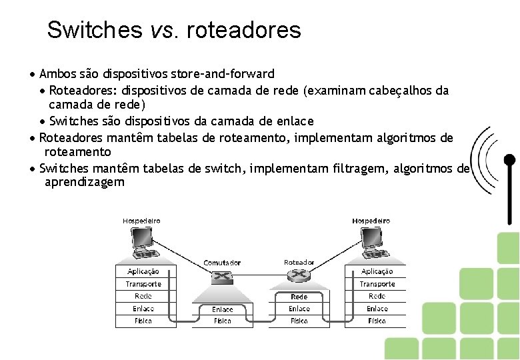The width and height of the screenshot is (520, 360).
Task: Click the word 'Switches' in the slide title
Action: [x=95, y=30]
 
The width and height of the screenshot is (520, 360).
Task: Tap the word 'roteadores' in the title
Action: [x=244, y=30]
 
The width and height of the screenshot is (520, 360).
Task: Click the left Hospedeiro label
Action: [x=141, y=221]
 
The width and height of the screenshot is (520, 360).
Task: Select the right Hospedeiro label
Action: [x=371, y=221]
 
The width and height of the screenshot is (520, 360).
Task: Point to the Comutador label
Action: [x=222, y=263]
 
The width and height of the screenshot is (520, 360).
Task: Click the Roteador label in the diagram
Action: [x=299, y=263]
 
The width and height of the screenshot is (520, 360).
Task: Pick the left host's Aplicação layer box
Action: [x=143, y=272]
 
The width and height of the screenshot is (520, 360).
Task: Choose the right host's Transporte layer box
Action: [x=377, y=284]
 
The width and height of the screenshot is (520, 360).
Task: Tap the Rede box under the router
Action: [x=299, y=297]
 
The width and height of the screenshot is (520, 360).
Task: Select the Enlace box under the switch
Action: [x=223, y=309]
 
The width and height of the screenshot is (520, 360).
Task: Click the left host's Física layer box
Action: [x=143, y=321]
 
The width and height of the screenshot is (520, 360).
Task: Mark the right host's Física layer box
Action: [x=377, y=321]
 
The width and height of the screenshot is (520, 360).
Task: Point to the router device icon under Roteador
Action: [x=299, y=275]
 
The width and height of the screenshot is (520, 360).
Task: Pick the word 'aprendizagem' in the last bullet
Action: [x=84, y=182]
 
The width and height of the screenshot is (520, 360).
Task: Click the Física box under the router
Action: [x=299, y=321]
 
